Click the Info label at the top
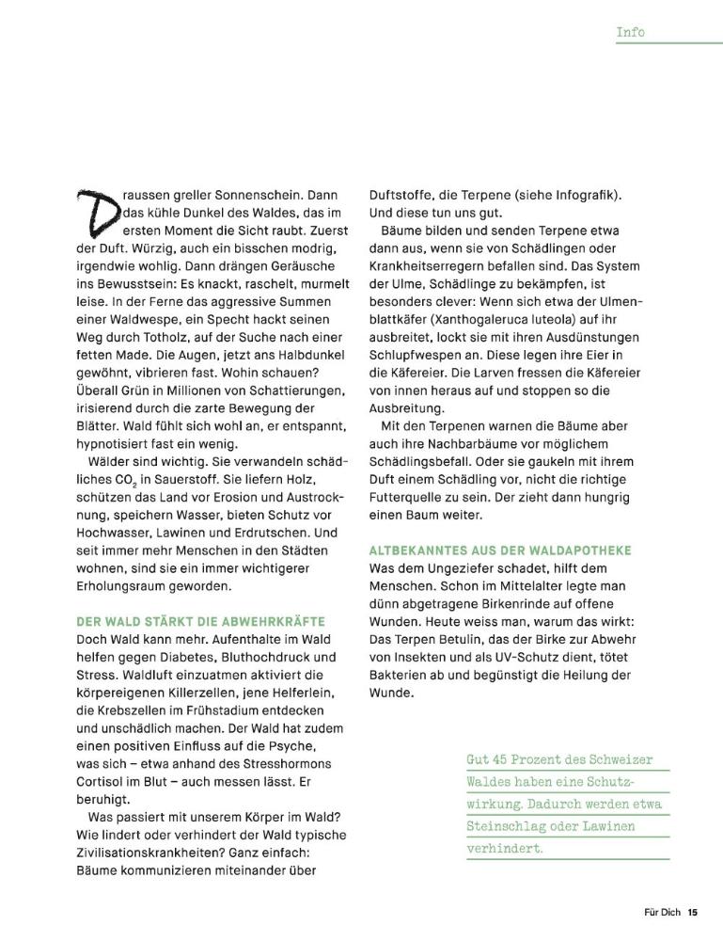pos(630,32)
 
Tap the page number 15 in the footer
pos(692,911)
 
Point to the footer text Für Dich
pos(662,911)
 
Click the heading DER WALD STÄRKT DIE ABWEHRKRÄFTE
pos(199,622)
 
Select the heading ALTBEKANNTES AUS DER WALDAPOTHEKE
pos(512,550)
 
